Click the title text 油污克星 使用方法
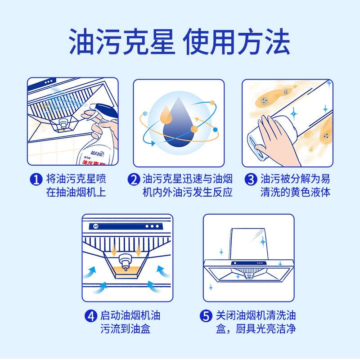pyautogui.click(x=180, y=41)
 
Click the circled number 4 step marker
pyautogui.click(x=91, y=316)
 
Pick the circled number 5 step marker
pyautogui.click(x=206, y=316)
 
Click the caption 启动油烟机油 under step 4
pyautogui.click(x=130, y=316)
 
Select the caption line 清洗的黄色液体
pyautogui.click(x=295, y=193)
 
